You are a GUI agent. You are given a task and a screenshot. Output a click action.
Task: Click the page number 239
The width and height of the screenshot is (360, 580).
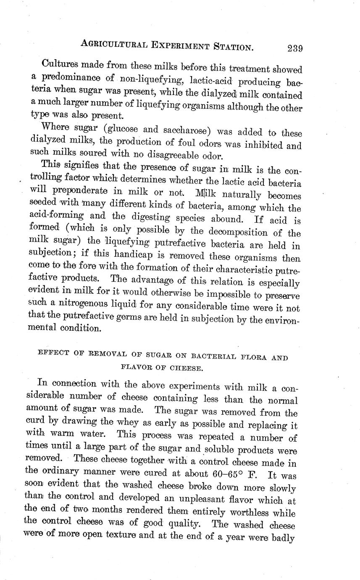[295, 48]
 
